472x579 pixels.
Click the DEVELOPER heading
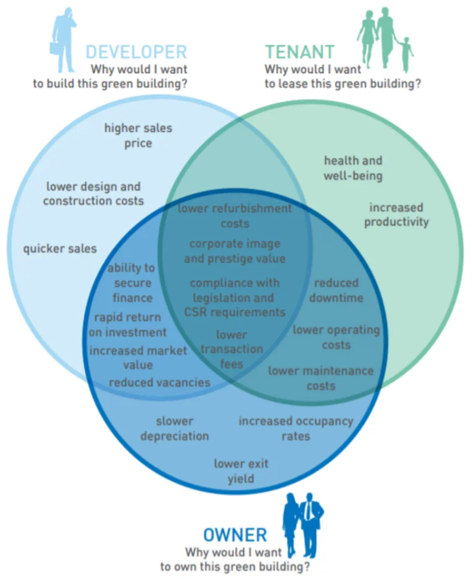pos(136,51)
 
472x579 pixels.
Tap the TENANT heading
pos(300,51)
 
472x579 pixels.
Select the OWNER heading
pos(235,534)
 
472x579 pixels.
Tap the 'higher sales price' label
pos(138,136)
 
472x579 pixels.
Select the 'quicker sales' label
pos(60,249)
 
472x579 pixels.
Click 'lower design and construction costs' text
pos(93,193)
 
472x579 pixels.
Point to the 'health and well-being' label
pos(353,168)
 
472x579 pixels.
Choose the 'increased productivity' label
pos(396,214)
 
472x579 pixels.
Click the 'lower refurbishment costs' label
pos(235,215)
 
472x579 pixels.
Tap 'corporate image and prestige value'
pos(235,251)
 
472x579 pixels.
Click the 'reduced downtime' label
pos(336,290)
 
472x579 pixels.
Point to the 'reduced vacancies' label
pos(160,382)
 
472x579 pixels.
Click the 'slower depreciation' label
pos(175,428)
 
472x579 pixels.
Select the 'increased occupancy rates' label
pos(295,428)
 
